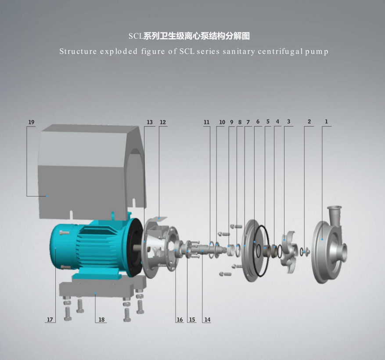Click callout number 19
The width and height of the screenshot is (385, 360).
31,122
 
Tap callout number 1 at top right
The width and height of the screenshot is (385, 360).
326,121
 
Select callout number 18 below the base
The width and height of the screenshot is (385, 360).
101,320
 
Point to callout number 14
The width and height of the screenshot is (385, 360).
208,320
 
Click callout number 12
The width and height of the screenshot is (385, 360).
163,122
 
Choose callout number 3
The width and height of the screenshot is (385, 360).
289,121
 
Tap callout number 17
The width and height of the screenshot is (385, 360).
50,320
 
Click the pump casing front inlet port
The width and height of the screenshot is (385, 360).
344,252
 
